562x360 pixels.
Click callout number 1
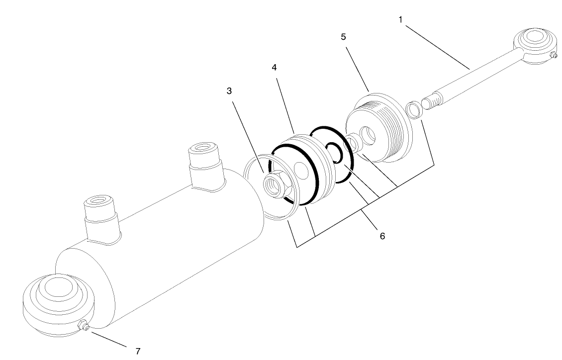pos(400,20)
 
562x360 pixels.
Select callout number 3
pos(229,91)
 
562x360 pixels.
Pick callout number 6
pos(382,236)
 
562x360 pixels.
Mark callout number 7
pos(138,351)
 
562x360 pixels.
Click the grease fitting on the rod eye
pos(554,55)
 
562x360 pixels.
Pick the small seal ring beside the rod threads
pos(414,108)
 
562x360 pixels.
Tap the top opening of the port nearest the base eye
pos(97,203)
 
